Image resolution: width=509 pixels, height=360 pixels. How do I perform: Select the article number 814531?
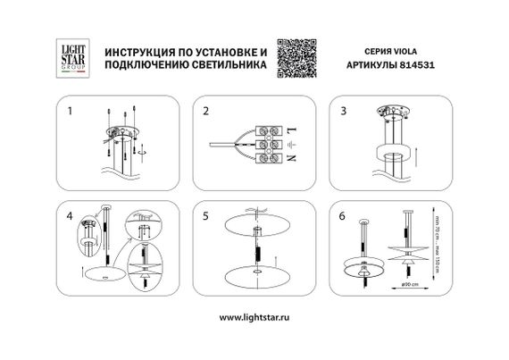tap(419, 65)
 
